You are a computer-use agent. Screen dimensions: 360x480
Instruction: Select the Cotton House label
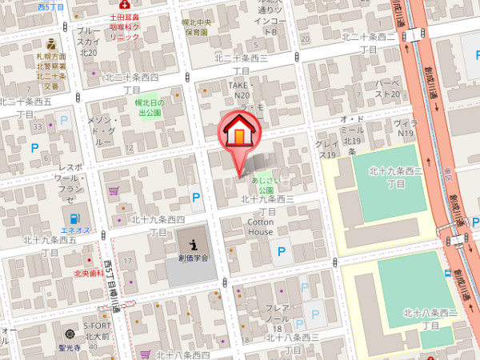click(x=259, y=226)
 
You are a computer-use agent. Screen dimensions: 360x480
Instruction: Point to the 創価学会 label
click(x=193, y=258)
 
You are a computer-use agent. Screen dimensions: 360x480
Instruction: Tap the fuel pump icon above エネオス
click(x=74, y=219)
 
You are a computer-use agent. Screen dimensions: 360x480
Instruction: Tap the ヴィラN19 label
click(x=406, y=128)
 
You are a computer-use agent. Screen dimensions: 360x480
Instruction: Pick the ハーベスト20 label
click(x=387, y=88)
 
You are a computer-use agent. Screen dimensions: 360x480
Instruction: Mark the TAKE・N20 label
click(x=240, y=90)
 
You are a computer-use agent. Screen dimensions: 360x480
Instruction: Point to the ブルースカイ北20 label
click(x=88, y=41)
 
